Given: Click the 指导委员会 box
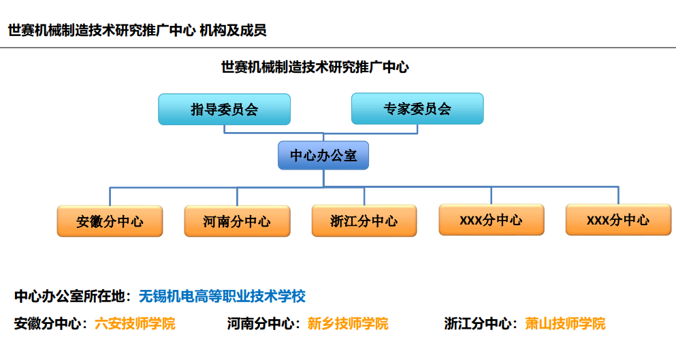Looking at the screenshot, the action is click(224, 110).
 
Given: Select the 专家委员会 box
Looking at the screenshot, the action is click(417, 109).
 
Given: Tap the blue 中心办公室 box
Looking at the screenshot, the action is click(323, 155).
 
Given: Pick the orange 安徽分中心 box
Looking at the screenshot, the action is click(110, 221).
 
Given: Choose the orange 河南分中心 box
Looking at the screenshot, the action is click(237, 221).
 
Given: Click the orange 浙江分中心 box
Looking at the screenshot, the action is click(364, 220).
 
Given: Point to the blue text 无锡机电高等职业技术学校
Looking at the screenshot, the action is click(222, 296).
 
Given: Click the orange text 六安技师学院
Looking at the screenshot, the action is click(135, 323).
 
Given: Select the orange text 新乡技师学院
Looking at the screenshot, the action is click(348, 323).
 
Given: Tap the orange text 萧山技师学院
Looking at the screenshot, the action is click(565, 323).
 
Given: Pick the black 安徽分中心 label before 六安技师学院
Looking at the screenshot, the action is click(48, 323).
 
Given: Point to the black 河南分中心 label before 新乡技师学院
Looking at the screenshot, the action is click(261, 323).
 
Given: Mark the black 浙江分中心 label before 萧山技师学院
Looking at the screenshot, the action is click(478, 323).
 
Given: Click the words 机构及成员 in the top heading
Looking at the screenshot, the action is click(233, 31).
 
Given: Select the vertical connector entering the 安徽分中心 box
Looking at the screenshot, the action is click(110, 197).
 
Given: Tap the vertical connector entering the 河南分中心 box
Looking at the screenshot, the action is click(237, 197).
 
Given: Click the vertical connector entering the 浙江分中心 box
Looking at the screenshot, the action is click(364, 196).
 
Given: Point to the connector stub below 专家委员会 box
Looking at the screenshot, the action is click(417, 129).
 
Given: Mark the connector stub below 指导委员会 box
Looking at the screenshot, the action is click(224, 129).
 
